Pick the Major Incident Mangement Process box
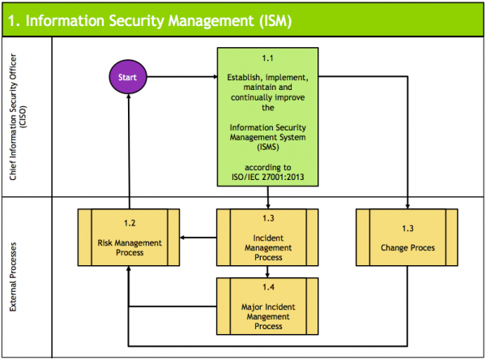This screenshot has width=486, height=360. point(268,305)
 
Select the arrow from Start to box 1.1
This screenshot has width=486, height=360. point(182,78)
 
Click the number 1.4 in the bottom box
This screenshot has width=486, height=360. point(268,287)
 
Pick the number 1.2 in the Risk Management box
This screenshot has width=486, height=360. point(129,221)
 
